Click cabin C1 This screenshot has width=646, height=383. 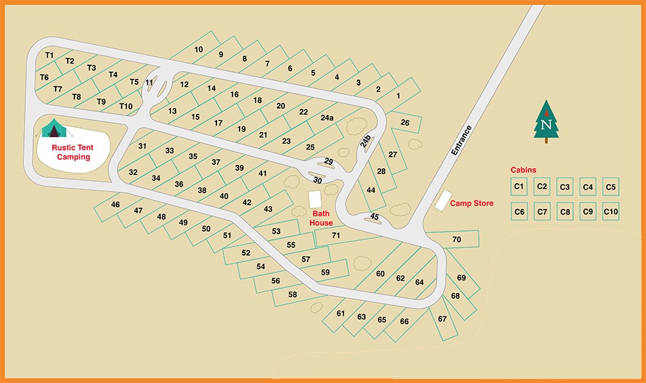point(518,187)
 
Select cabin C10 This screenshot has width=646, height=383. point(610,212)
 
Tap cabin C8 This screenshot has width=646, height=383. point(565,212)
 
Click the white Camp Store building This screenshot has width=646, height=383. point(443,200)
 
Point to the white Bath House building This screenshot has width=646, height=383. point(315,199)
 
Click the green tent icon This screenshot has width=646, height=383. point(54,129)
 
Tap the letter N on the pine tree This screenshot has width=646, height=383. point(547,124)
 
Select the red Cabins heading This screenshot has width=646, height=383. point(523,170)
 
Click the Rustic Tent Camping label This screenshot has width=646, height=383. point(72,152)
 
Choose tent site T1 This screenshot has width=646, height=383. point(49,56)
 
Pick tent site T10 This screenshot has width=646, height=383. point(125,106)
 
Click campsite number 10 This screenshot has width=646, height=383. point(198,50)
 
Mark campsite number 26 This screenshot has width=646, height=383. point(405,123)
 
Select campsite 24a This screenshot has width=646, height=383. point(327,118)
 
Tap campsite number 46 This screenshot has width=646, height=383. point(116,204)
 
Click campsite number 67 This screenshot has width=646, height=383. point(443,318)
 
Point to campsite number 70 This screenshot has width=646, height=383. point(457,240)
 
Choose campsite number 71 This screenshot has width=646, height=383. point(336,235)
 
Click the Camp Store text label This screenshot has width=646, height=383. point(472,203)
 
